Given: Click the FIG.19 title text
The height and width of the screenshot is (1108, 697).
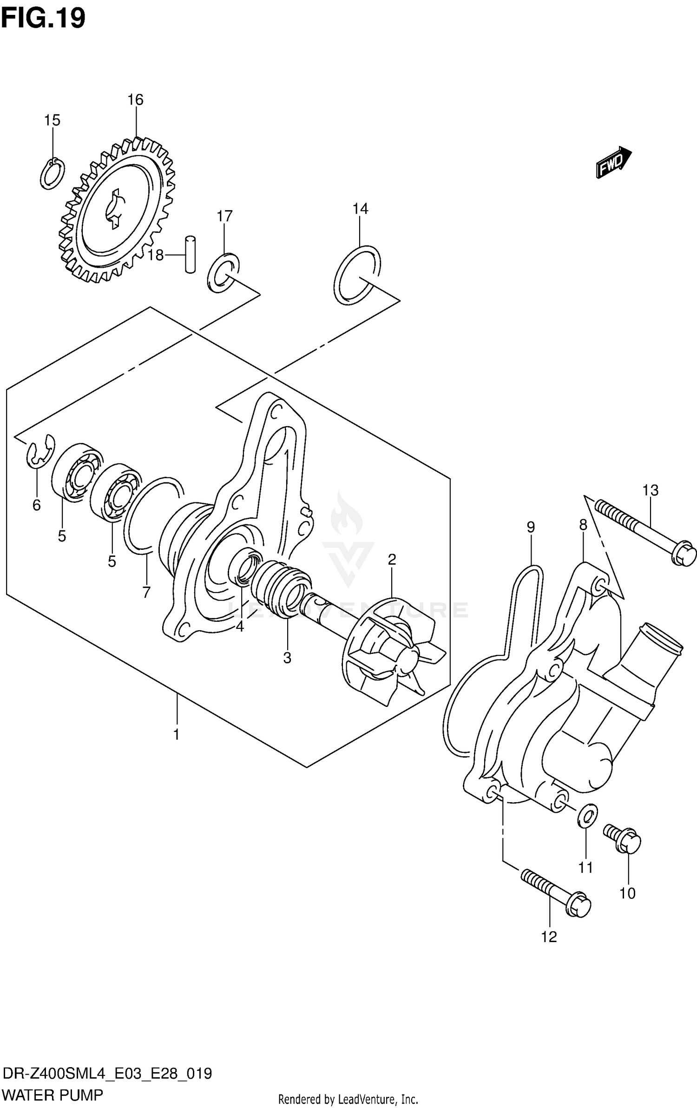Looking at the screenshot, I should (43, 19).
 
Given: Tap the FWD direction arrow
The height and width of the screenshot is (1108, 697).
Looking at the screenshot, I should (614, 163).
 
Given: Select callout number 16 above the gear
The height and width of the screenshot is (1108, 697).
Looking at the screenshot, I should (135, 99).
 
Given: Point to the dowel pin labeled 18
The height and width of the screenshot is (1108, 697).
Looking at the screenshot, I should (190, 254).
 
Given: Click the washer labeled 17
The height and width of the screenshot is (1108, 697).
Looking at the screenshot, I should (223, 273).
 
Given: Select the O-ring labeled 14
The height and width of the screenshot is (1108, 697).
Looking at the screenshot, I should (357, 275).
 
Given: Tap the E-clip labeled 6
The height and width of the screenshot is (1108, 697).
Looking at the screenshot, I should (39, 451).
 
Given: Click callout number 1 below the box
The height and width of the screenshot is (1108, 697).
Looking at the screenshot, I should (177, 735).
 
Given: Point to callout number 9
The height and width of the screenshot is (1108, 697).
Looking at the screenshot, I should (531, 527).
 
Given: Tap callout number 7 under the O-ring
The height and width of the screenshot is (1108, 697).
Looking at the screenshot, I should (146, 592).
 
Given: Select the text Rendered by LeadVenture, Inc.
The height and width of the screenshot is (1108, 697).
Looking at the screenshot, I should (348, 1099).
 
